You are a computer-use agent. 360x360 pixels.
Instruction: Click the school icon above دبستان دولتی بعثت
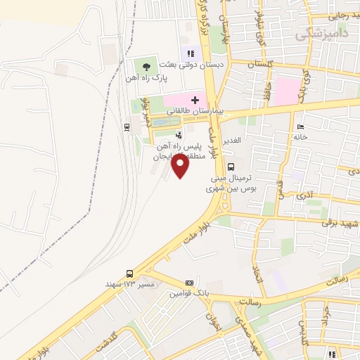point(188,52)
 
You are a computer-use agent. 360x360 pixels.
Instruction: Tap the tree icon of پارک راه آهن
point(146,67)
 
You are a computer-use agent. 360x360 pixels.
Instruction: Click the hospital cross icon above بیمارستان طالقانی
point(195,101)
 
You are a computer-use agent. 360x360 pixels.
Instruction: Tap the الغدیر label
point(232,140)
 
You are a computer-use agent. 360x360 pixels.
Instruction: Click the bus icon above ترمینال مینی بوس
point(231,167)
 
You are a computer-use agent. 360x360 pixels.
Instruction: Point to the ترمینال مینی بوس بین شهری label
point(230,183)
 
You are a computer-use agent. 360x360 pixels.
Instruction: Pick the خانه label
point(302,137)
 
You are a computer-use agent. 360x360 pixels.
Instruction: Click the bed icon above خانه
point(301,126)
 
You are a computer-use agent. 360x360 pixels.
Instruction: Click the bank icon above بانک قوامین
point(188,282)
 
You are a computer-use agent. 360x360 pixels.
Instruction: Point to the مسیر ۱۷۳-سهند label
point(136,284)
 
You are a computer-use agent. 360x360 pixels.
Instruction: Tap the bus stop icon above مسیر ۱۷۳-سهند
point(129,274)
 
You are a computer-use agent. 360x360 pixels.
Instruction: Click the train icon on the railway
point(126,127)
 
